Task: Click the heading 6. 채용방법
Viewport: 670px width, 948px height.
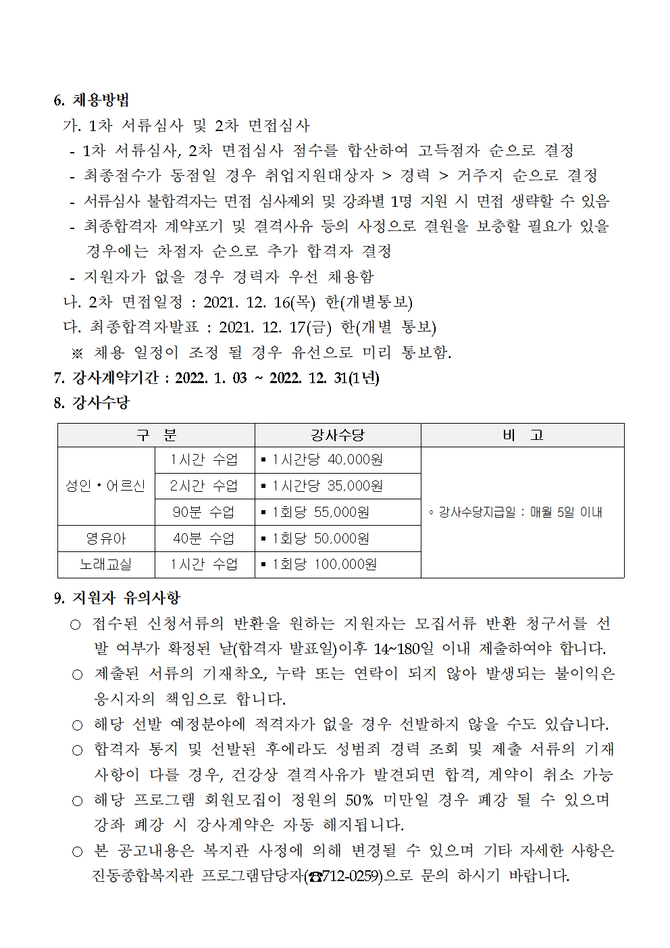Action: (x=91, y=101)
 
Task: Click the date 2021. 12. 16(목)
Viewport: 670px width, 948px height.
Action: (x=259, y=302)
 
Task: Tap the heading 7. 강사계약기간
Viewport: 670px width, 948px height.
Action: (x=106, y=378)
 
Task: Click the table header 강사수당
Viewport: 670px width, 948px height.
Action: (x=337, y=435)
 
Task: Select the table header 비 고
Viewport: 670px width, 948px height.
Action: (x=522, y=435)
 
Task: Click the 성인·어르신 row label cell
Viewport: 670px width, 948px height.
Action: (x=105, y=486)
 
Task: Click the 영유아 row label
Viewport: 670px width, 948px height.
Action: (x=105, y=539)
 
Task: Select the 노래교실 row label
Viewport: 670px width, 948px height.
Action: (x=105, y=564)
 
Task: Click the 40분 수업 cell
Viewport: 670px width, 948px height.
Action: (x=204, y=539)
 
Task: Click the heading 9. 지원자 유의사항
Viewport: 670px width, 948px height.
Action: (x=118, y=598)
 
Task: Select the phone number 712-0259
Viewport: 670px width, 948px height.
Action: (x=350, y=876)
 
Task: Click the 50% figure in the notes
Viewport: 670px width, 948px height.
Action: (x=359, y=801)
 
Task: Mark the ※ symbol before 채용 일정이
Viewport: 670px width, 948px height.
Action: (x=77, y=353)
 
